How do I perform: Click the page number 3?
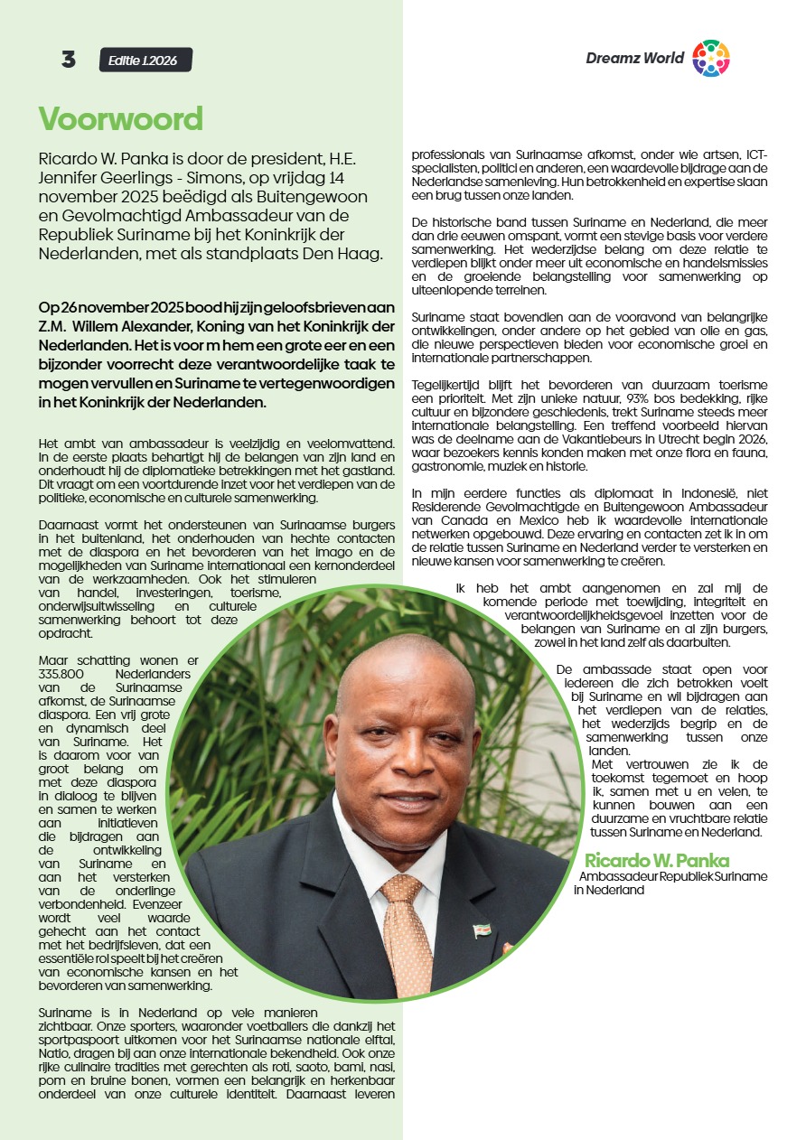click(x=69, y=60)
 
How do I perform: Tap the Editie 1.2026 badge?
click(x=145, y=61)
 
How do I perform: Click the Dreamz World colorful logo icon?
click(x=710, y=59)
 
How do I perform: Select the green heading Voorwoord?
click(x=120, y=118)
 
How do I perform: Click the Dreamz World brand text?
click(x=634, y=59)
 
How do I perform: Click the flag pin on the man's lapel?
click(x=482, y=930)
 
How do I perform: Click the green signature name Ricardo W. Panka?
click(x=656, y=860)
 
